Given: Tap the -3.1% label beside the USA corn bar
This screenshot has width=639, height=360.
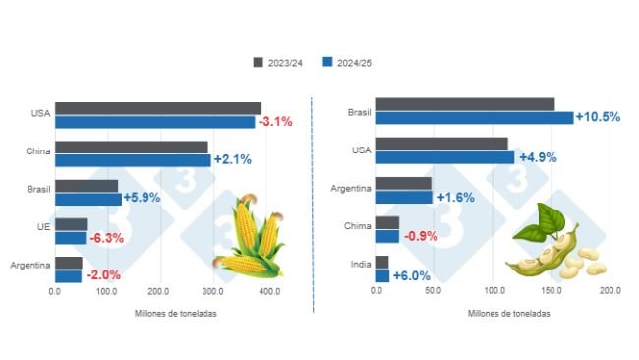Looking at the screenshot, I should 275,122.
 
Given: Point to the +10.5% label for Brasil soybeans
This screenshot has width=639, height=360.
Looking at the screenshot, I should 599,117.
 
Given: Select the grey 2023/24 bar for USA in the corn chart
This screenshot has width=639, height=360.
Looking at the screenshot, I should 157,108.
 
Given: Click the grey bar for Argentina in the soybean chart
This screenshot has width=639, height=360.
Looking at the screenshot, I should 403,183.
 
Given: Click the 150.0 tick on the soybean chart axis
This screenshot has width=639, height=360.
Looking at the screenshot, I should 552,292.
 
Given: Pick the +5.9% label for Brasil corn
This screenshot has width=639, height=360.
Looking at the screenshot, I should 142,199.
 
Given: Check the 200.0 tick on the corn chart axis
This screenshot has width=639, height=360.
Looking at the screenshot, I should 160,292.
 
